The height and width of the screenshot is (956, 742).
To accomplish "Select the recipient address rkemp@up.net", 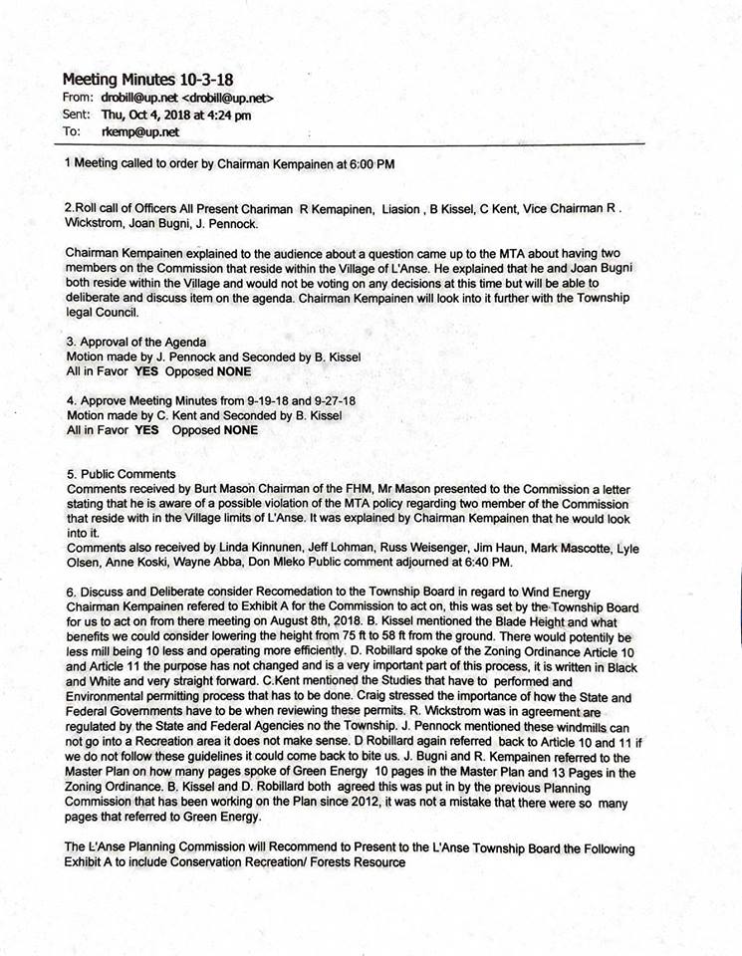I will point(139,130).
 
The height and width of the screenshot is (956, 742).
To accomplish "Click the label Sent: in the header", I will point(78,115).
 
